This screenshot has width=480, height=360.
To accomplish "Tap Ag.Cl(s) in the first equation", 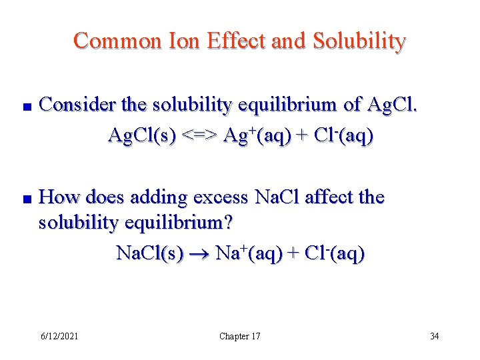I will [x=142, y=136].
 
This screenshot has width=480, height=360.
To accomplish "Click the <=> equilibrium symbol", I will [x=199, y=136].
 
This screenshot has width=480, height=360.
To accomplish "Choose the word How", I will [x=59, y=197].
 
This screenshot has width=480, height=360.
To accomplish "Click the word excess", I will [x=223, y=197].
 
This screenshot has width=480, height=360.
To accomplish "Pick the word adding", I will [x=159, y=197].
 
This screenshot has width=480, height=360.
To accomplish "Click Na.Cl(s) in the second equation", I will [x=150, y=253].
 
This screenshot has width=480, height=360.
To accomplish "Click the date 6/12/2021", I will [x=59, y=336].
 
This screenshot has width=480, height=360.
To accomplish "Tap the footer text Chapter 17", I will [x=240, y=336].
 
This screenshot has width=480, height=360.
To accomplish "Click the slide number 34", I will [x=434, y=336].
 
